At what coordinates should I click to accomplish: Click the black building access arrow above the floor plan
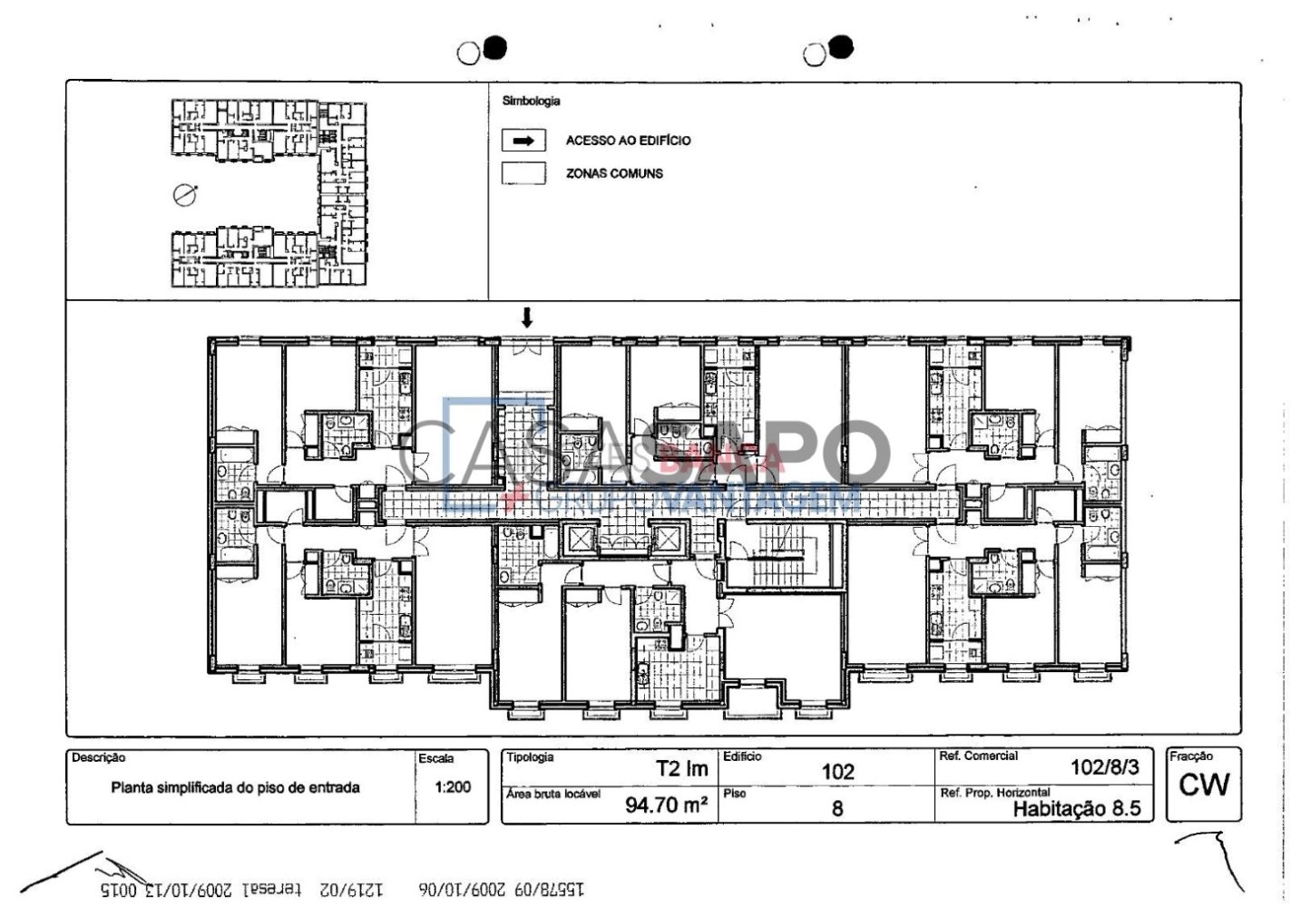coord(526,317)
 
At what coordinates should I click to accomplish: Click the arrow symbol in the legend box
coord(523,141)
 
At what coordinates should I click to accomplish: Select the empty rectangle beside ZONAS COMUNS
coord(523,173)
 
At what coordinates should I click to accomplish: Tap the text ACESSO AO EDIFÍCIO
coord(628,141)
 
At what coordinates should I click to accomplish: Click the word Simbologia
coord(531,102)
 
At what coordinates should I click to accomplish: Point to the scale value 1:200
coord(453,786)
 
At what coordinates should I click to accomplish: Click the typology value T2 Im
coord(681,769)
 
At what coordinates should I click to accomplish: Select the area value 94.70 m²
coord(666,804)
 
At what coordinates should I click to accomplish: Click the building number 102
coord(837,772)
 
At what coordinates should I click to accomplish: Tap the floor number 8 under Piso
coord(837,807)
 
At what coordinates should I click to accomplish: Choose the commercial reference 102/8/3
coord(1104,767)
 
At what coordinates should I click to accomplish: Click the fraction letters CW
coord(1204,785)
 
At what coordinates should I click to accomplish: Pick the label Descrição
coord(98,757)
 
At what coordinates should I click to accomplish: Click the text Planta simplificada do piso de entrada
coord(235,787)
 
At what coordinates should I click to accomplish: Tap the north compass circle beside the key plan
coord(185,194)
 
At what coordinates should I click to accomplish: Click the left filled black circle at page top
coord(494,48)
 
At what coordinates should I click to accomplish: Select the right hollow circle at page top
coord(813,55)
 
